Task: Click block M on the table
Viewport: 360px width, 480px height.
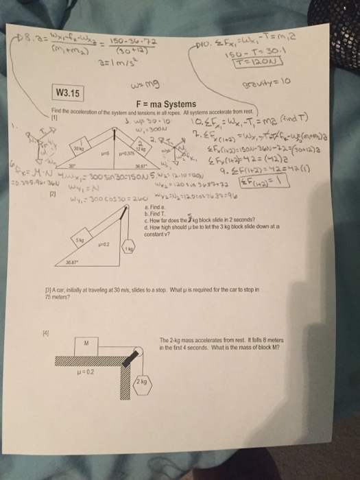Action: coord(86,343)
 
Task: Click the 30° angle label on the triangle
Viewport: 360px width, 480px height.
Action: coord(68,165)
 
